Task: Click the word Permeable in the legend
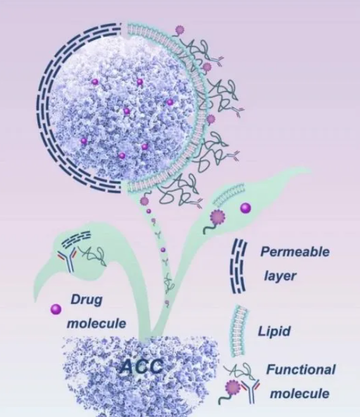coord(295,252)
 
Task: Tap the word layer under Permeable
coord(280,276)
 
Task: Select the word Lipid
coord(274,331)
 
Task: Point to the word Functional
coord(301,369)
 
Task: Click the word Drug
coord(86,300)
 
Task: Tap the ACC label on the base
coord(141,366)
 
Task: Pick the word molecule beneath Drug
coord(96,323)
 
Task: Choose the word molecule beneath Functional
coord(300,394)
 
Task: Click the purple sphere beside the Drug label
coord(56,309)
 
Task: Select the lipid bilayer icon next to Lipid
coord(238,331)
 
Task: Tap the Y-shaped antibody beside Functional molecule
coord(250,391)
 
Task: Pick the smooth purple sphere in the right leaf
coord(245,208)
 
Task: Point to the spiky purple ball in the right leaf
coord(217,217)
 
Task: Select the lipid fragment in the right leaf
coord(229,195)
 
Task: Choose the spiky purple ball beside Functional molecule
coord(232,388)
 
